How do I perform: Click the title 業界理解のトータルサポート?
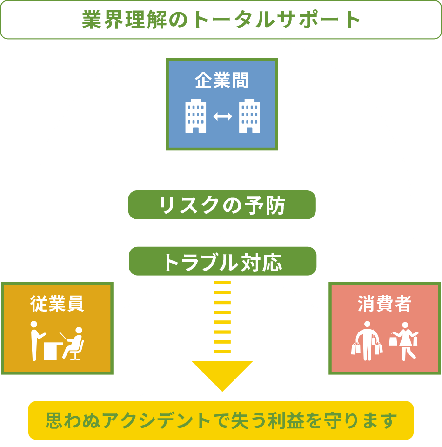point(221,20)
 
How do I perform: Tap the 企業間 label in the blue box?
point(221,80)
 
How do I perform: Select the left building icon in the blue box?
point(196,116)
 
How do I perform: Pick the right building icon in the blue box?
point(249,116)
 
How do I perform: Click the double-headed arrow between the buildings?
point(223,116)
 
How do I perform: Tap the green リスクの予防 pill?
point(222,205)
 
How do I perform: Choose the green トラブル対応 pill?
point(222,261)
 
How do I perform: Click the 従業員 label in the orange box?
point(57,303)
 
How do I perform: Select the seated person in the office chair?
point(73,344)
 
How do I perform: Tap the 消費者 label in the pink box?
point(384,303)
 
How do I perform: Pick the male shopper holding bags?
point(367,341)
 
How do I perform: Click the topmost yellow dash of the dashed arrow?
point(222,283)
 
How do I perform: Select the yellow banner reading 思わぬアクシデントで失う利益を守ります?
point(221,420)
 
